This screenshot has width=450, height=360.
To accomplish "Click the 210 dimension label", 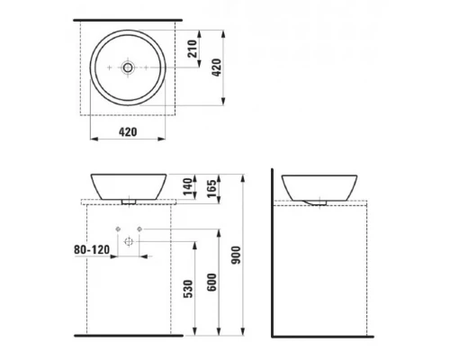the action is [x=192, y=49].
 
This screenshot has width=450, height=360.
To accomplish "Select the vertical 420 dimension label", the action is [x=217, y=67].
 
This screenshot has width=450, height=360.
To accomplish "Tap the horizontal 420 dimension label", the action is [x=128, y=132].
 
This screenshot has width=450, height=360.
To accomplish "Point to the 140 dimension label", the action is [x=187, y=186].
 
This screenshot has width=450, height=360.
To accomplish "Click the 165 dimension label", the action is [x=211, y=188].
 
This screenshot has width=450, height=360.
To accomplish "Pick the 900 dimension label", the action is [x=237, y=255].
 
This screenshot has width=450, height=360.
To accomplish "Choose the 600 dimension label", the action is [x=211, y=283].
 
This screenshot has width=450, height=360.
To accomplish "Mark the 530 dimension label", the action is [x=188, y=289].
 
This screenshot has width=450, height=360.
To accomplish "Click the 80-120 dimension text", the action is [x=92, y=249].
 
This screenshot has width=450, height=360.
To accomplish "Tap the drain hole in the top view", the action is [x=128, y=67].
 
